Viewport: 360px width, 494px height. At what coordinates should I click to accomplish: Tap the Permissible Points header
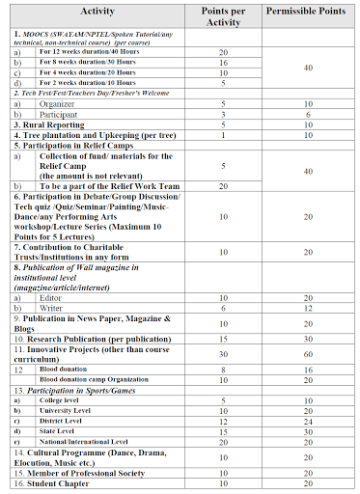[306, 14]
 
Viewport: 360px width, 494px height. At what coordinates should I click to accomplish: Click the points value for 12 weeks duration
[224, 51]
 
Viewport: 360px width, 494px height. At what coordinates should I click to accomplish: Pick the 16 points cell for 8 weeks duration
[224, 61]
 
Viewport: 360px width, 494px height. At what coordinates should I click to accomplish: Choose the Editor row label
[47, 298]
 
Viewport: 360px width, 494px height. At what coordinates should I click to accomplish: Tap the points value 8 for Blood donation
[224, 369]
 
